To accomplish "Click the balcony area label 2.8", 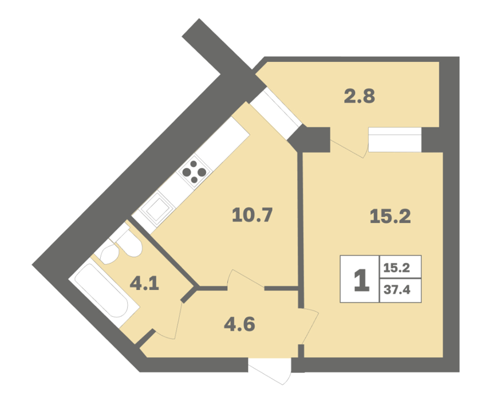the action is (x=360, y=96).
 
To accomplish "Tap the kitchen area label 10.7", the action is (x=253, y=215).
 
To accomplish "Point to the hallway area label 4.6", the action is (x=239, y=324).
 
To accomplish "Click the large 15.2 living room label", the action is (x=390, y=217).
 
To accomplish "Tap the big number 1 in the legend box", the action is (x=361, y=280).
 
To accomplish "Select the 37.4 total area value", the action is (x=397, y=289).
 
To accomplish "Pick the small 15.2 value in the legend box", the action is (x=397, y=268).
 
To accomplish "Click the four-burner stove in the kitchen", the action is (x=194, y=172).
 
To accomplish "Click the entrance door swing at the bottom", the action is (x=270, y=372).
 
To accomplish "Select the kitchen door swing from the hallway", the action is (x=245, y=278).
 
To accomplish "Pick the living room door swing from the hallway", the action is (x=309, y=326).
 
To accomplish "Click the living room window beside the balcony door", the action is (x=395, y=140).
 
